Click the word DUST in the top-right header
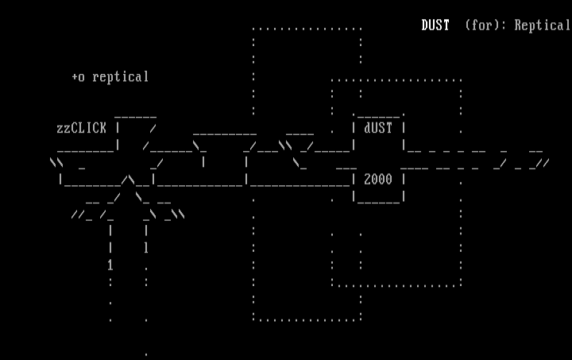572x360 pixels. tap(435, 25)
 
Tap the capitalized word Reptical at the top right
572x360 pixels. tap(542, 25)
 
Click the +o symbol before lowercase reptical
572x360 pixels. tap(78, 77)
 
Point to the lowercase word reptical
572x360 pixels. tap(121, 77)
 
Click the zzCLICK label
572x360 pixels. tap(81, 128)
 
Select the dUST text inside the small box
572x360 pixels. tap(378, 128)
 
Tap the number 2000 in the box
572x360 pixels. tap(378, 180)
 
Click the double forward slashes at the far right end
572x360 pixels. tap(543, 163)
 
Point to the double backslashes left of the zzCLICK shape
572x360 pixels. tap(56, 163)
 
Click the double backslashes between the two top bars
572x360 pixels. tap(285, 145)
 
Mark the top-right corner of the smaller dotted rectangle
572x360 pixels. tap(461, 79)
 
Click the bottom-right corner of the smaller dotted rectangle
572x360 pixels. tap(461, 284)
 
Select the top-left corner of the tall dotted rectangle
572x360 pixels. tap(253, 29)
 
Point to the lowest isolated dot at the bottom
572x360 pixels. tap(145, 352)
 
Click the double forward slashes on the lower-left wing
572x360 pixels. tap(77, 214)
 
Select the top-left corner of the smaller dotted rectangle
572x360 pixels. tap(332, 79)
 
